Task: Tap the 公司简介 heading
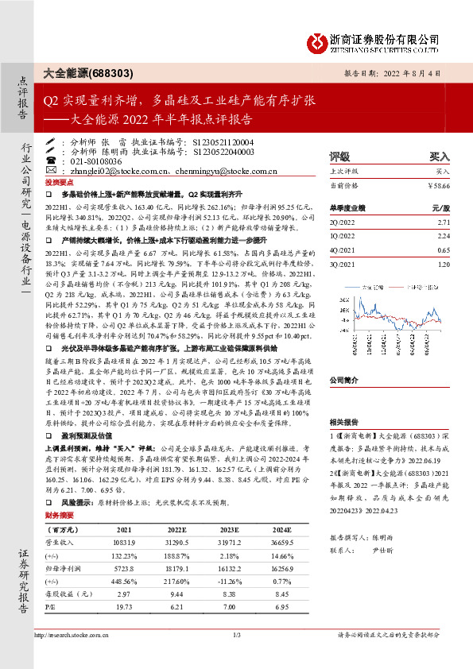pos(344,380)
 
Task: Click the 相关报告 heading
pos(344,423)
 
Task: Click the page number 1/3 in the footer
pos(236,656)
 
